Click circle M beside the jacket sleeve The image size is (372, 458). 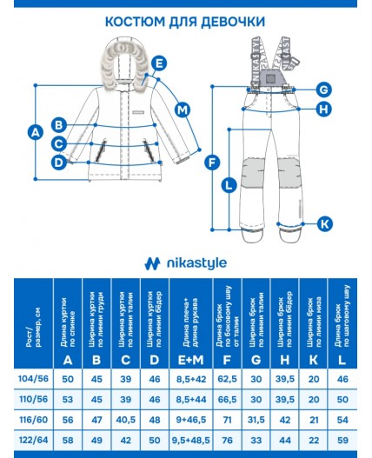pos(182,110)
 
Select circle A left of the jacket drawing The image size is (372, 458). pos(36,132)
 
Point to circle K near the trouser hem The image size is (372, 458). pos(323,223)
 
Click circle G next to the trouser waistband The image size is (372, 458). pos(323,90)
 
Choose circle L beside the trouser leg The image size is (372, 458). pos(229,184)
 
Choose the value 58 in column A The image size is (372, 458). pos(67,441)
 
